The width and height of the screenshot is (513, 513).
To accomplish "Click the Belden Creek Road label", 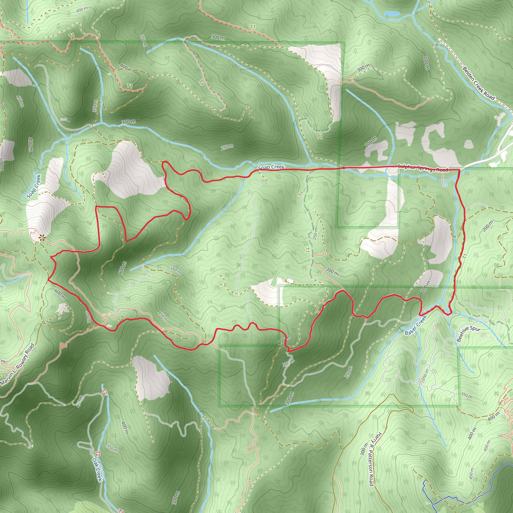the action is [x=478, y=83].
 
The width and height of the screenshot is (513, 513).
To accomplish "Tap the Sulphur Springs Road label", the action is [x=423, y=168].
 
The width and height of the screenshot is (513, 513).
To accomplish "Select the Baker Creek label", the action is [x=416, y=325].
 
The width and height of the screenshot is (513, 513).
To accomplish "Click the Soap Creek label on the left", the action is [x=34, y=186].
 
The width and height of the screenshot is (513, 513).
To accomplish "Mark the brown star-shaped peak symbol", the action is [x=42, y=238].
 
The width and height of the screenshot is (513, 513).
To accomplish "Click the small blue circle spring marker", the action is [x=445, y=185].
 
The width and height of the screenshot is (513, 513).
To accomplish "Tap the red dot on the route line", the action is [x=343, y=168].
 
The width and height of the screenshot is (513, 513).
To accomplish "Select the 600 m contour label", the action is [x=60, y=295].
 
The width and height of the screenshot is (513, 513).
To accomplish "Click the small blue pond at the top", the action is [x=392, y=13].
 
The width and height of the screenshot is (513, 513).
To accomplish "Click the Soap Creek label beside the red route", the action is [x=271, y=167].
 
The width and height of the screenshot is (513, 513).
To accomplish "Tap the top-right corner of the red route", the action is [x=459, y=169].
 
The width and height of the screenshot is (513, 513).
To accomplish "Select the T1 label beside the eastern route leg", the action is [x=465, y=256].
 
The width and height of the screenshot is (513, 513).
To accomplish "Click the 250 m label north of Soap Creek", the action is [x=227, y=147].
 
